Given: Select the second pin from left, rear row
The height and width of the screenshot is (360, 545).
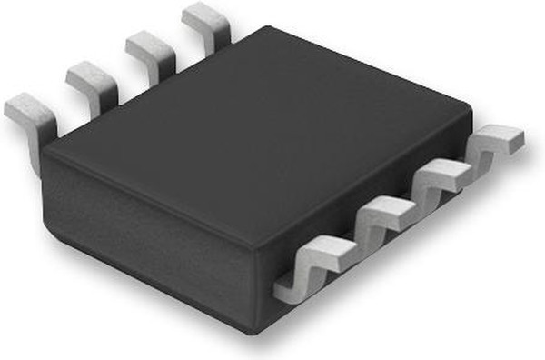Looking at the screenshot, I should pos(92,81).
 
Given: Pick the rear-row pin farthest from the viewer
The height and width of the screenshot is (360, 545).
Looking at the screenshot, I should pos(205,20).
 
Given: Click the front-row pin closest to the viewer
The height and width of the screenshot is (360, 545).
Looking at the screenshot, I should pos(313,268).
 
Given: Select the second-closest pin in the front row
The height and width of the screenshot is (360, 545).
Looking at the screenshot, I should pos(381,223).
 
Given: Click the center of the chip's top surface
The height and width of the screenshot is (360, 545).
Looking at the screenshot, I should pos(259,136).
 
